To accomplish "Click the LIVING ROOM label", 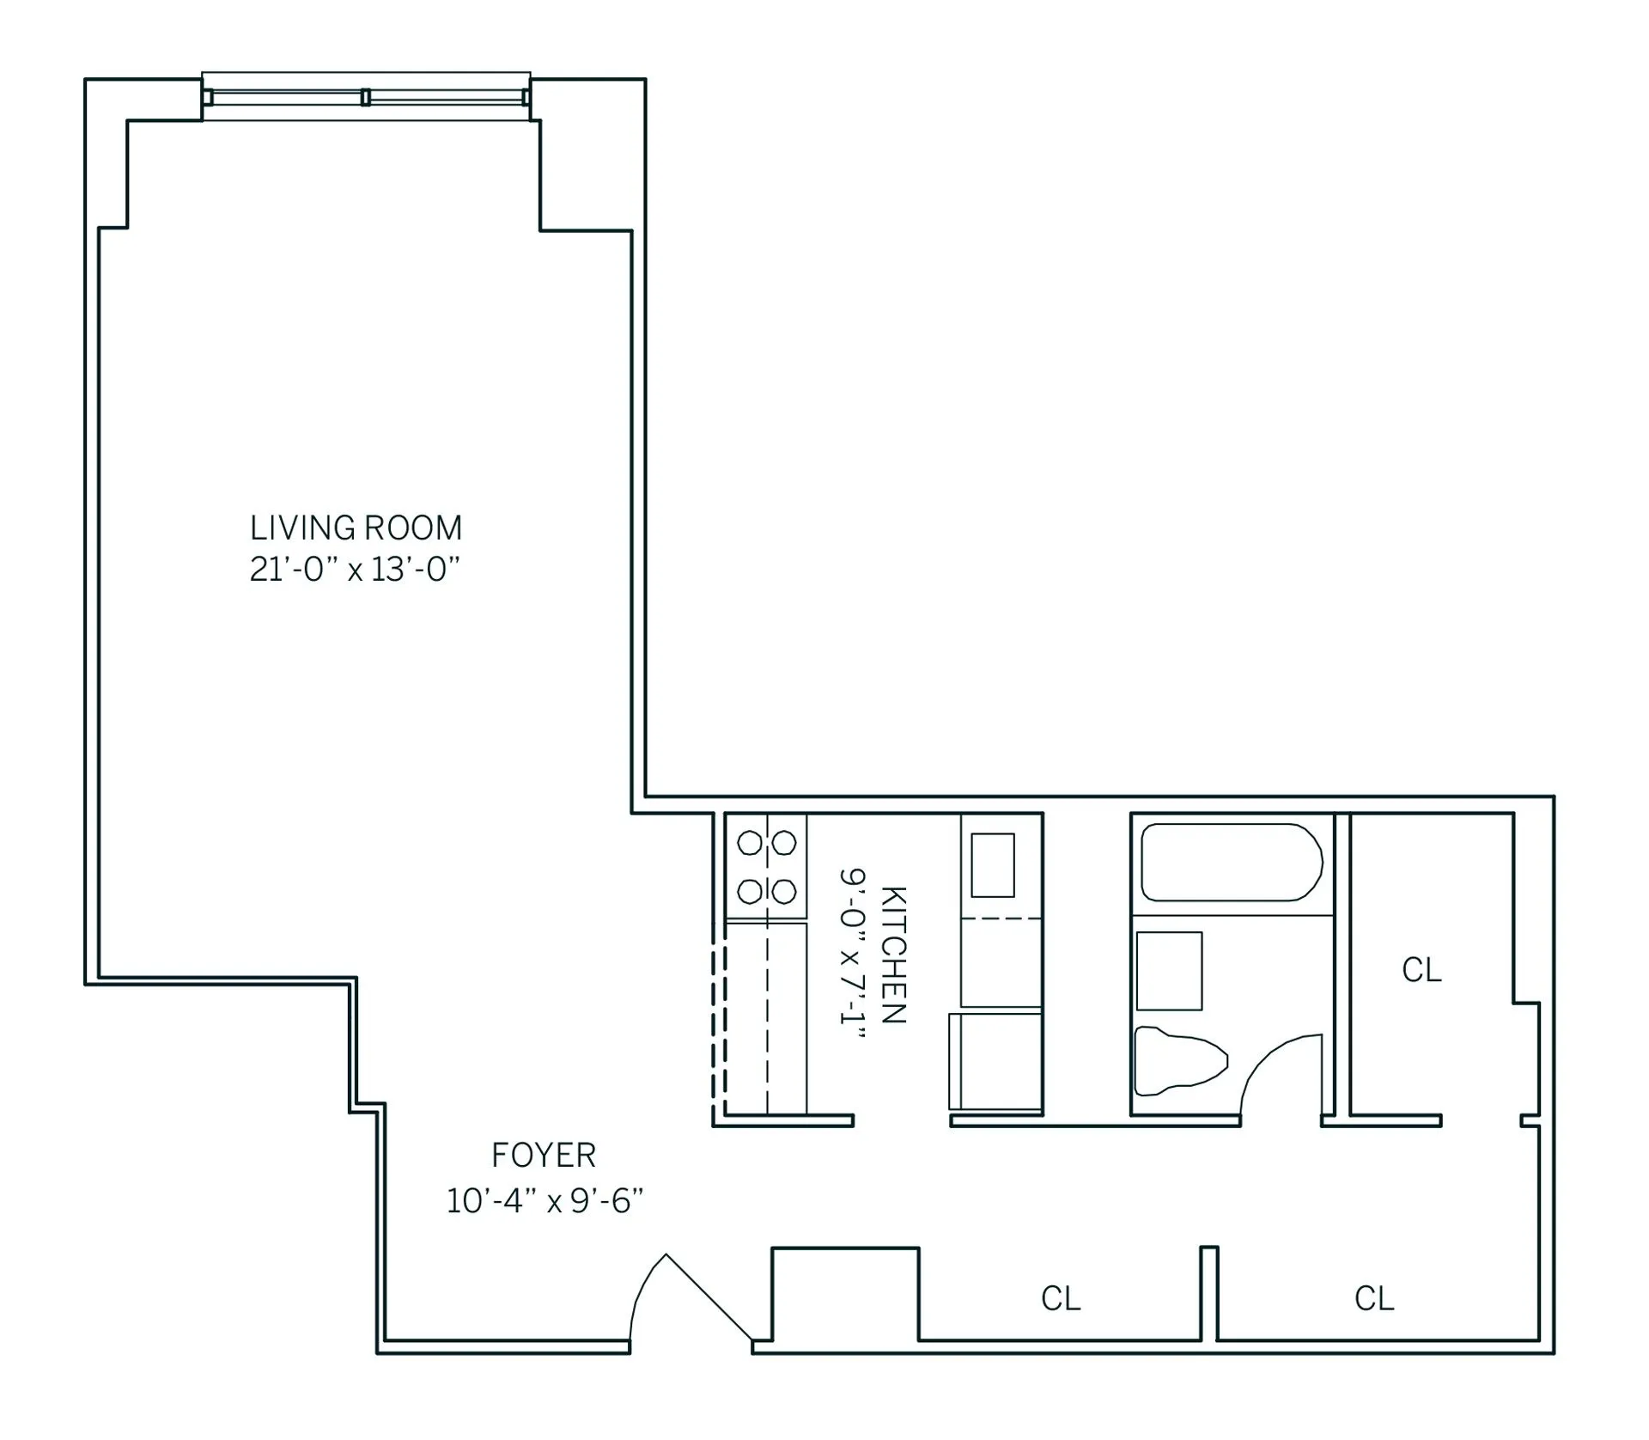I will point(356,527).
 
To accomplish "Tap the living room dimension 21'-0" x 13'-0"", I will point(356,569).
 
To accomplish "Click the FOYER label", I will point(543,1156).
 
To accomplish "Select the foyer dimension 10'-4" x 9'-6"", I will point(545,1200).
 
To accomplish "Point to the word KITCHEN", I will point(893,955).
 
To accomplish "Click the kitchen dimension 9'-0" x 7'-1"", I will point(851,955).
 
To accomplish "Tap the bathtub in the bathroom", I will point(1231,863).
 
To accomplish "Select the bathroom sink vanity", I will point(1169,971).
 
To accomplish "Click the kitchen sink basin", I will point(993,865).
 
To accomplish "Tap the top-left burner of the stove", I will point(750,844).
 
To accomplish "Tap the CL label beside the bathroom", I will point(1421,970).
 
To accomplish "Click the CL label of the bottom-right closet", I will point(1374,1298).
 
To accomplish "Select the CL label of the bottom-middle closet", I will point(1061,1298).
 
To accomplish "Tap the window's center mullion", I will point(366,97).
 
